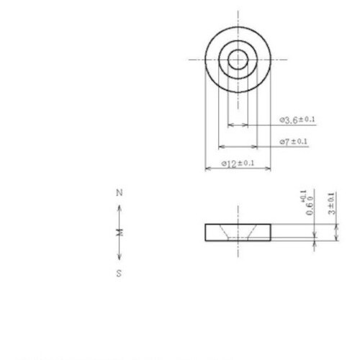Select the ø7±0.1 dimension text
tap(294, 141)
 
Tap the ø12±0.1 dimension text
tap(238, 164)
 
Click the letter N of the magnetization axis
tap(120, 193)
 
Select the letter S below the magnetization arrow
tap(120, 273)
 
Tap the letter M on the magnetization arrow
tap(120, 232)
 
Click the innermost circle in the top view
tap(238, 60)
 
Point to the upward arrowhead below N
tap(120, 208)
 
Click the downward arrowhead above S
tap(120, 258)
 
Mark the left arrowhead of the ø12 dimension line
tap(208, 168)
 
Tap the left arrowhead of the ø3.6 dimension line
tap(230, 125)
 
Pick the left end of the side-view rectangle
tap(207, 232)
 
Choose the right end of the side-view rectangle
tap(271, 232)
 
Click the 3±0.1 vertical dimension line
tap(335, 232)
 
